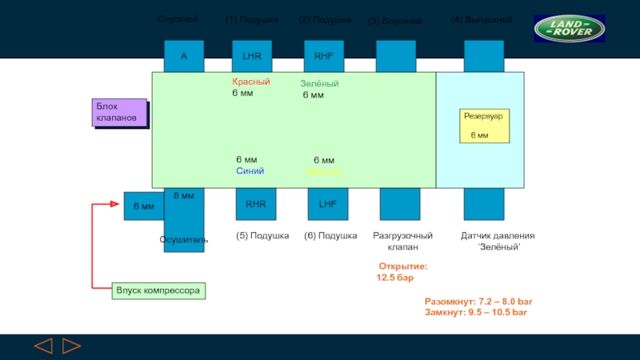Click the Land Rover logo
570,30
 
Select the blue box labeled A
183,56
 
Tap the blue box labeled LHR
251,56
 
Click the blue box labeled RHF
323,56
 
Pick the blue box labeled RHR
255,204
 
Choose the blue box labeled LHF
327,204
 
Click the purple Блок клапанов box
119,112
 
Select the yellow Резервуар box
484,126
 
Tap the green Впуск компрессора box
158,290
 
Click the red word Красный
251,82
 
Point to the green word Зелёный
319,83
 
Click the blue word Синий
250,171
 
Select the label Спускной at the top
178,18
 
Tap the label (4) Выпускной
481,19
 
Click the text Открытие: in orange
402,266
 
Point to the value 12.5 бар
395,278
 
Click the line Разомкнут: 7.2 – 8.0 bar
478,302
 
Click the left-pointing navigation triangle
43,346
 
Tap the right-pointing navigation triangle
71,346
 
